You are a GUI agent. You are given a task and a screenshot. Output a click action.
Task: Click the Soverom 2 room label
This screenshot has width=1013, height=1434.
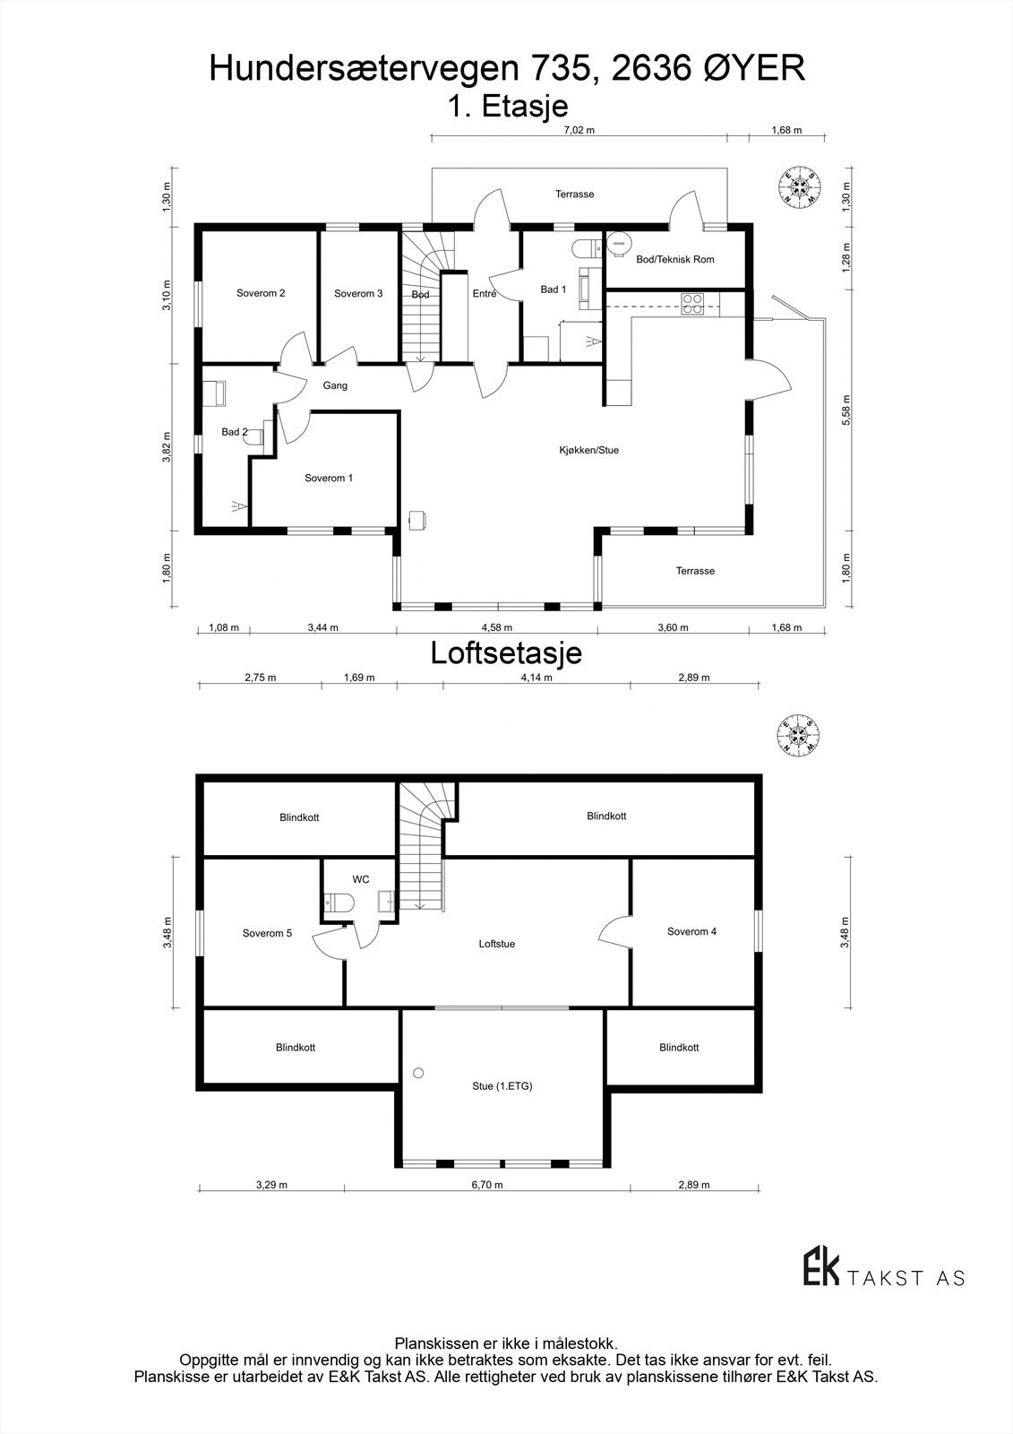(261, 293)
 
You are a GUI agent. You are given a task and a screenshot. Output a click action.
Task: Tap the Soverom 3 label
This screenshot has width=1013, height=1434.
(358, 293)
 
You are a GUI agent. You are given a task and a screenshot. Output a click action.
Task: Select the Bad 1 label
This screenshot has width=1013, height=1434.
(553, 289)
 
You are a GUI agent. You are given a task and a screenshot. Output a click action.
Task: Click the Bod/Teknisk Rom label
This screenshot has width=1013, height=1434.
(674, 260)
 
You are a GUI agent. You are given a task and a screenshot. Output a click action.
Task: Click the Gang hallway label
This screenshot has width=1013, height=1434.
(335, 385)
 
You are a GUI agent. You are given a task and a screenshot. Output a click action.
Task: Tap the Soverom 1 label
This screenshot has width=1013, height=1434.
(329, 478)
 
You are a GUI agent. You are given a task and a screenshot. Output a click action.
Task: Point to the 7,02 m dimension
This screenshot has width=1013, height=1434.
(579, 130)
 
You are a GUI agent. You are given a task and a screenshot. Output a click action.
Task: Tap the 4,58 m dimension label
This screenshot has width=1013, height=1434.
(497, 627)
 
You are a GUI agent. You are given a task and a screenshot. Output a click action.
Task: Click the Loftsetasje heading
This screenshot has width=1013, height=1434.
(506, 652)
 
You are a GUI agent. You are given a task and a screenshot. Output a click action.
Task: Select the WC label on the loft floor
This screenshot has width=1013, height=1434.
(361, 879)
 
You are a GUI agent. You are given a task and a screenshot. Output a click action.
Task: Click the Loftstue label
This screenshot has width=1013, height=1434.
(496, 944)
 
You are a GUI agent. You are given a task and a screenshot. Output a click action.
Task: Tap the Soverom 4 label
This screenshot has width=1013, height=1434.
(691, 931)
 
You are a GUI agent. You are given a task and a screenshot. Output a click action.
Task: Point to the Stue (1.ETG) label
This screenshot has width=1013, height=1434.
(502, 1086)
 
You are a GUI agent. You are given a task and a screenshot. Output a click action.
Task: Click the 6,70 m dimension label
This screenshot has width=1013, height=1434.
(487, 1185)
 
